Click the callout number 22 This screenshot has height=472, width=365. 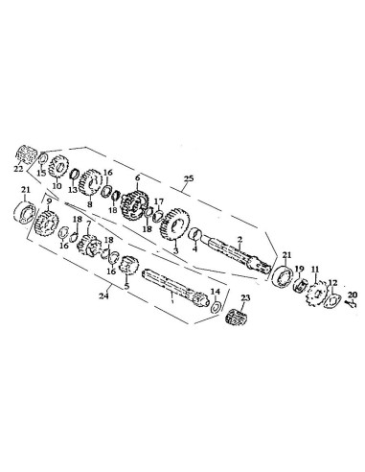tap(18, 169)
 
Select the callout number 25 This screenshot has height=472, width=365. tap(189, 178)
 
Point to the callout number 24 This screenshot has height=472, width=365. tap(104, 295)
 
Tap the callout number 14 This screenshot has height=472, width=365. tap(216, 292)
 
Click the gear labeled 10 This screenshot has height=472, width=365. tap(58, 166)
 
